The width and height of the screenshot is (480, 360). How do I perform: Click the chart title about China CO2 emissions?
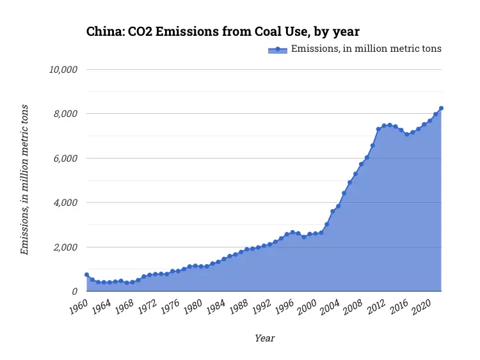223,31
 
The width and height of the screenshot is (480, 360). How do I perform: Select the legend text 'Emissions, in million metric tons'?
366,49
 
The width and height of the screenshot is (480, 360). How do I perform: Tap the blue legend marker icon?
278,49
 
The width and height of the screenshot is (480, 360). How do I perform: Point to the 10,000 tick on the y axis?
63,69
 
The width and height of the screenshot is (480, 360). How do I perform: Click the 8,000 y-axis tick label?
65,114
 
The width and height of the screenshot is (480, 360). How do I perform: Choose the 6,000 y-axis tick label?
65,158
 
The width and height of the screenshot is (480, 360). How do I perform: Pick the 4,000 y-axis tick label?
65,203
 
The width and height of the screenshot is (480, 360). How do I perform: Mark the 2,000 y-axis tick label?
65,247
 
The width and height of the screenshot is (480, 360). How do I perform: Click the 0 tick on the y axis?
74,292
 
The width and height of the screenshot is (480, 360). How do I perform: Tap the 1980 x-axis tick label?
192,306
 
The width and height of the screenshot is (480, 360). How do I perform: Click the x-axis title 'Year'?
264,338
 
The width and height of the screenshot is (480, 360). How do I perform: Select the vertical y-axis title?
25,180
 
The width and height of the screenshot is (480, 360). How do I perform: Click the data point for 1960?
87,275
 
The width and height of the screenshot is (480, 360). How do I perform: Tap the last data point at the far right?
441,108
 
